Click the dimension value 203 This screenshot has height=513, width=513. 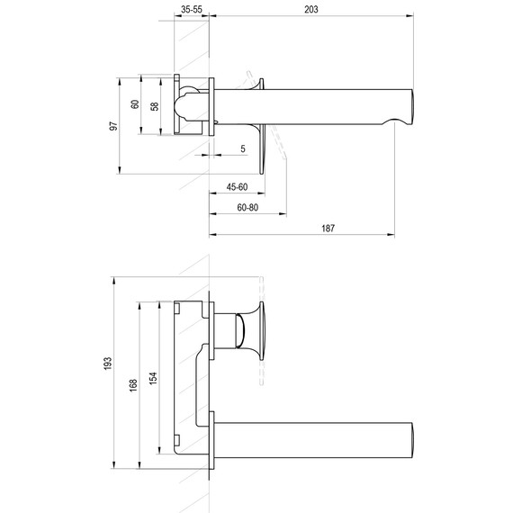[x=311, y=9]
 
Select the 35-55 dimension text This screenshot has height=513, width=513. [x=191, y=9]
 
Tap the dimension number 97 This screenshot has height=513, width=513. [x=113, y=126]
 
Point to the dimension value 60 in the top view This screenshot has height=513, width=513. [x=135, y=104]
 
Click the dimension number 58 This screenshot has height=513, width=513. [x=156, y=105]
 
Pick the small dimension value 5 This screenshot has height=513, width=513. [x=243, y=148]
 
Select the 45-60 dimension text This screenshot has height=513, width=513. [x=237, y=187]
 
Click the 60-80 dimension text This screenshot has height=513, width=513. [x=247, y=207]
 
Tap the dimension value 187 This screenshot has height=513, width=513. [x=327, y=229]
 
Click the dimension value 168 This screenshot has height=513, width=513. [x=133, y=385]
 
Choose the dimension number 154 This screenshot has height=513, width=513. [x=153, y=379]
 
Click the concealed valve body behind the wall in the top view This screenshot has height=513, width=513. [x=192, y=105]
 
